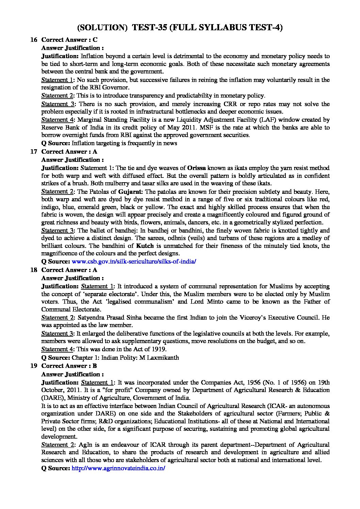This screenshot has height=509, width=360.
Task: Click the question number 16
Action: coord(33,40)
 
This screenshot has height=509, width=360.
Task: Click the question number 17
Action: coord(33,152)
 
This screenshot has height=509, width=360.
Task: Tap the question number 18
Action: coord(33,270)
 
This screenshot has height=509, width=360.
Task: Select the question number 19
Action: coord(33,366)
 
